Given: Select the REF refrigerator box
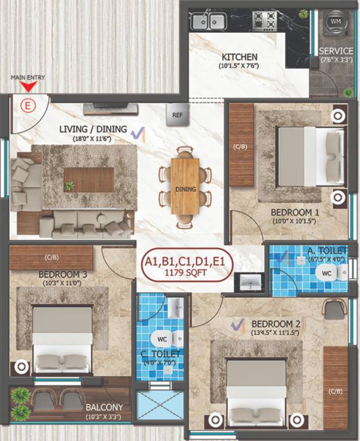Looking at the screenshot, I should click(177, 114).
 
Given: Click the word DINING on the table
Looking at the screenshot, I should click(185, 189).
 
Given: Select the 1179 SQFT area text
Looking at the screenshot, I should click(184, 274).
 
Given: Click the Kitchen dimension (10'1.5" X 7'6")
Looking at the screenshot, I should click(239, 67).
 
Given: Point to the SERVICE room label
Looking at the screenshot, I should click(336, 51).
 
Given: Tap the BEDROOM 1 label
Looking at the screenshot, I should click(296, 212).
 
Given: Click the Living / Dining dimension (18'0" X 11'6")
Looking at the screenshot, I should click(85, 138).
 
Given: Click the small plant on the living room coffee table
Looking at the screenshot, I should click(69, 185).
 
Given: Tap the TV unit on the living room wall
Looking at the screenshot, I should click(109, 109).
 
